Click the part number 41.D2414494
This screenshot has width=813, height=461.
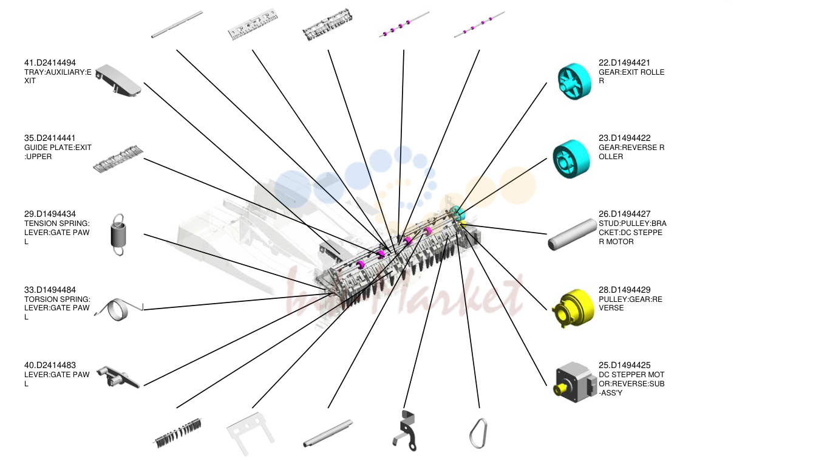click(50, 63)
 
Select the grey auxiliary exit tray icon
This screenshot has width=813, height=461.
click(118, 81)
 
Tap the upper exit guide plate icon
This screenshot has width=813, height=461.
click(118, 159)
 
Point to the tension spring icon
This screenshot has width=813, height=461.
click(118, 235)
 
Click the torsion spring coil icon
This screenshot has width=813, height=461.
click(119, 310)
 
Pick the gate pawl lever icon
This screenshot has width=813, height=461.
click(118, 377)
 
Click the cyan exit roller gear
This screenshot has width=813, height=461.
click(574, 81)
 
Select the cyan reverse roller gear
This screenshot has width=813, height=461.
click(571, 159)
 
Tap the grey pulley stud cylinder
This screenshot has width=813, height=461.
click(573, 234)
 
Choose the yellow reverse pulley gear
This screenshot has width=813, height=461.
click(573, 308)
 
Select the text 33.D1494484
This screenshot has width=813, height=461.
click(50, 290)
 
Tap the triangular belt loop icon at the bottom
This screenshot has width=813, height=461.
click(478, 434)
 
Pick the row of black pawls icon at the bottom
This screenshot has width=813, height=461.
click(178, 434)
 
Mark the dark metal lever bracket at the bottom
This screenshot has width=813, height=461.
click(405, 431)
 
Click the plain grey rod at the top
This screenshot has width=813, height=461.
click(177, 24)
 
